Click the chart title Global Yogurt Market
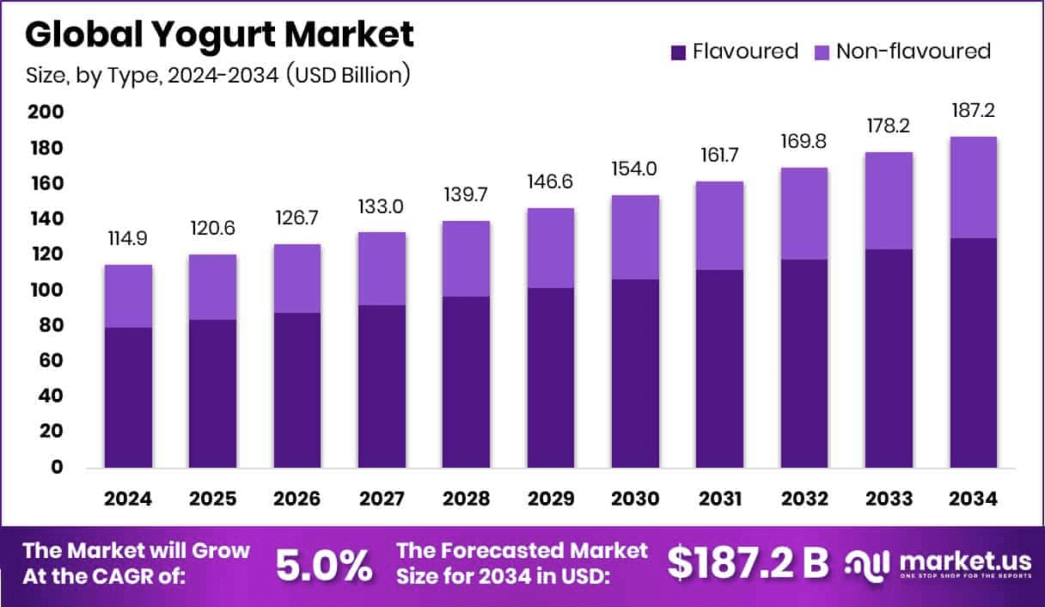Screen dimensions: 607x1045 (x=219, y=34)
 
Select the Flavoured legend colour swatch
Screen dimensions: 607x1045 (x=678, y=52)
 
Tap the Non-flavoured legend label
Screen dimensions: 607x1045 (x=914, y=52)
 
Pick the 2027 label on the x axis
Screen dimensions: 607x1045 (x=382, y=500)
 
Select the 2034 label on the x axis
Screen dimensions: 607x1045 (x=974, y=500)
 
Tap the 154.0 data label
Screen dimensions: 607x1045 (x=635, y=169)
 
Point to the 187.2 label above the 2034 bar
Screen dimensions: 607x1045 (x=974, y=111)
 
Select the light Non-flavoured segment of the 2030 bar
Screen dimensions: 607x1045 (x=635, y=236)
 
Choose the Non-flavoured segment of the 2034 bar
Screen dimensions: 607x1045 (x=974, y=187)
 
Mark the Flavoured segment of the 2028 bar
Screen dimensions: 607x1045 (x=467, y=383)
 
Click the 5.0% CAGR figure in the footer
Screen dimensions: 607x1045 (x=324, y=565)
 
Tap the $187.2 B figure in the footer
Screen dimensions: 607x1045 (x=748, y=563)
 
